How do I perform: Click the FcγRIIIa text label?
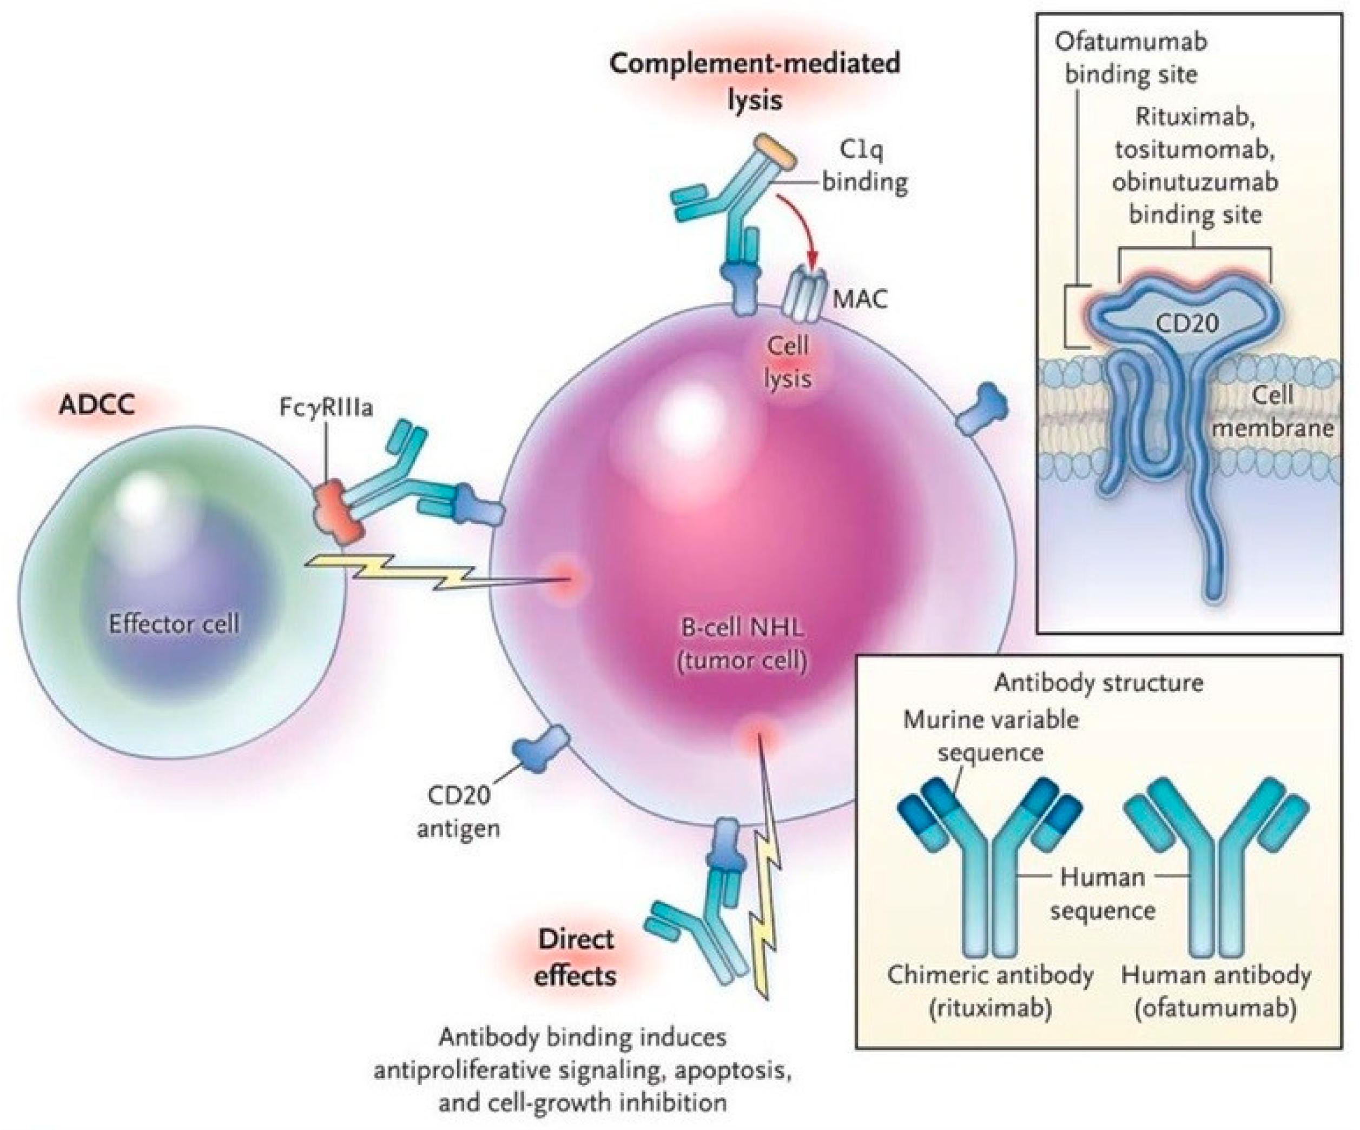[x=326, y=408]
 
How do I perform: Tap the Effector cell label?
[x=174, y=624]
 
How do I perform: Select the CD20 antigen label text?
[x=458, y=811]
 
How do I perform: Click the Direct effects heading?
[x=575, y=957]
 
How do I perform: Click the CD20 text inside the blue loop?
[x=1187, y=322]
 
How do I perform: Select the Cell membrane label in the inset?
[x=1272, y=411]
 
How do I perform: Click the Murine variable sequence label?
[x=991, y=736]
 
